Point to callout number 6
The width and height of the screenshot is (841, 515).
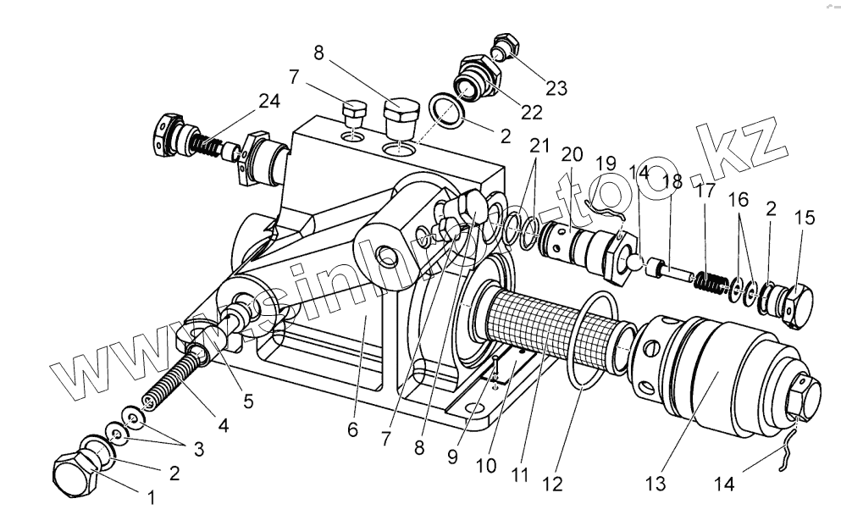tap(352, 429)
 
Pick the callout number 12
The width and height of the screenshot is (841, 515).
tap(552, 484)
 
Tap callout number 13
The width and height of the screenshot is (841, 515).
tap(656, 484)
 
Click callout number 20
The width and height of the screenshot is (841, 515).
tap(573, 155)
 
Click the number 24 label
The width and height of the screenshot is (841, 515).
tap(269, 102)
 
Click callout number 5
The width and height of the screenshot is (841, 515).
tap(247, 401)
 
